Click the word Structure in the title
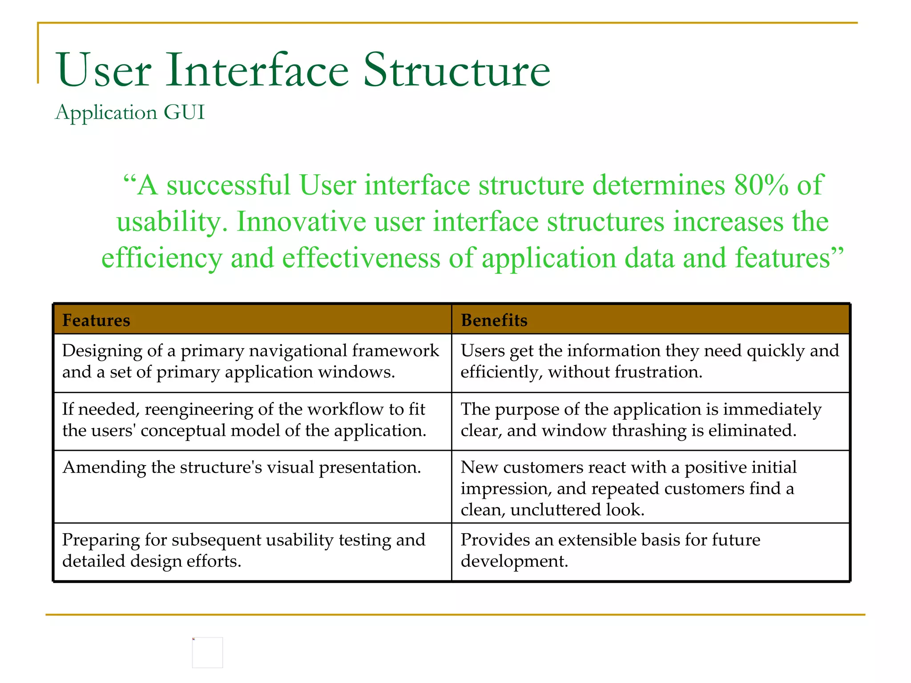[456, 70]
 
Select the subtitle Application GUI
[129, 112]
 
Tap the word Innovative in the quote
[301, 221]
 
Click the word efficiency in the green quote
[161, 258]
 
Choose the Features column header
[96, 320]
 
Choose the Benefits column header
[494, 320]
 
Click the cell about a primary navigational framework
[250, 362]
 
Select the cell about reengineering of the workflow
[244, 420]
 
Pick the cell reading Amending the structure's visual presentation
[242, 467]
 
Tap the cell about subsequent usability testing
[244, 550]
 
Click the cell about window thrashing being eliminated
[641, 420]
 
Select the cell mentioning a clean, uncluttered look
[628, 488]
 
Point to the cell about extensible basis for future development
[610, 550]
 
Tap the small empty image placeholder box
[207, 652]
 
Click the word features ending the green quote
[782, 258]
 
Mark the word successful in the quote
[228, 185]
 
